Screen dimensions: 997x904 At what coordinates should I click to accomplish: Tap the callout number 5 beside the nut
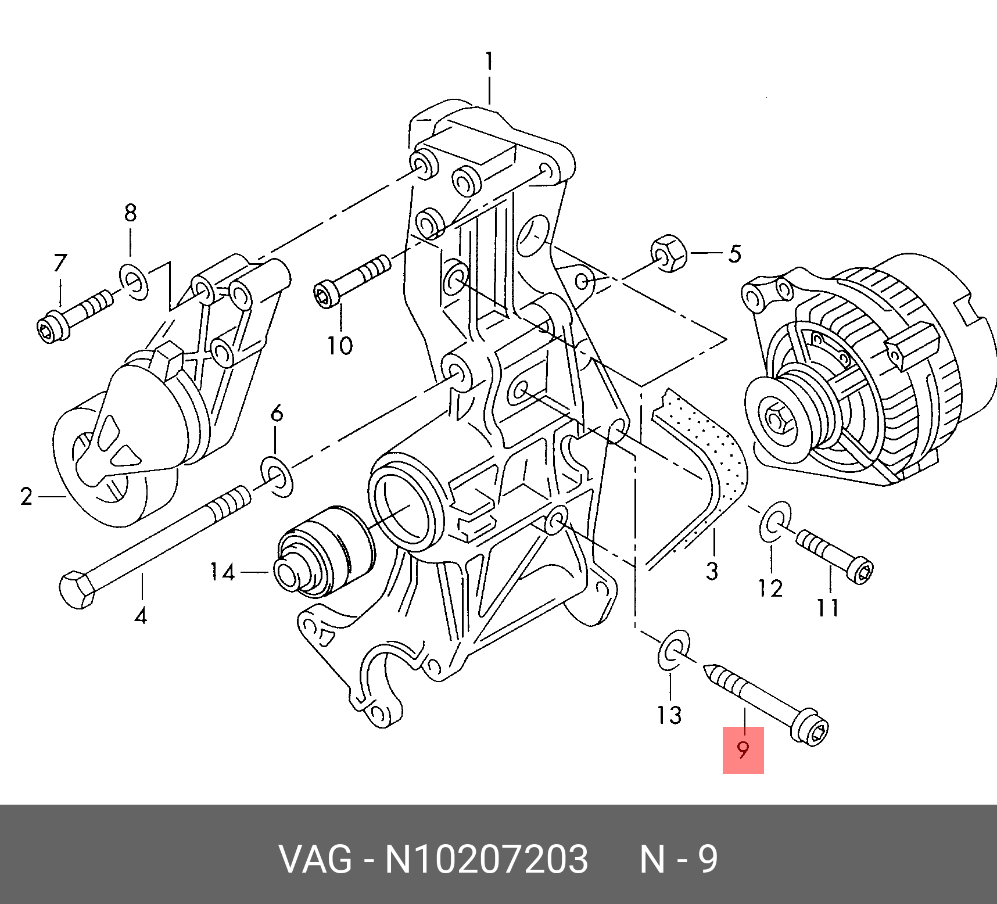click(735, 254)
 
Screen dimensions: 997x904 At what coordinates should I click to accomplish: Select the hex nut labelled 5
click(669, 253)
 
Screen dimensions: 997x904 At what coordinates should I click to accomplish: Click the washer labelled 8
click(134, 282)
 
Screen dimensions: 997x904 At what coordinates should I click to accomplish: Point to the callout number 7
click(60, 263)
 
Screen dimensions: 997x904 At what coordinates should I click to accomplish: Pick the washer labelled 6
click(277, 477)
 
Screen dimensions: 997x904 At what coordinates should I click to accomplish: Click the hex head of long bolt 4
click(77, 590)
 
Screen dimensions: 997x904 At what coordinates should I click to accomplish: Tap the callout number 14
click(222, 572)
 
